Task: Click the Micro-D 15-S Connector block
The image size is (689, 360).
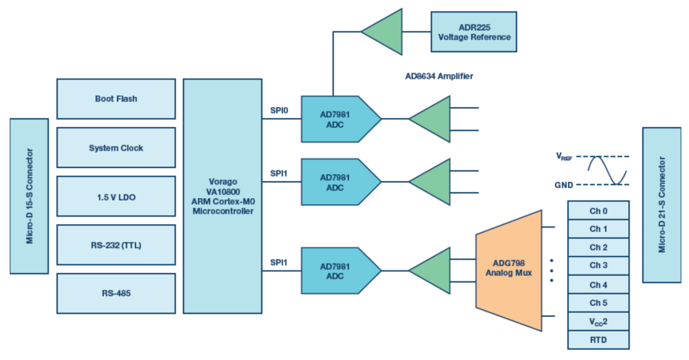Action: click(x=29, y=196)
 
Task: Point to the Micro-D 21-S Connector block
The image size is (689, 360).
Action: click(x=661, y=194)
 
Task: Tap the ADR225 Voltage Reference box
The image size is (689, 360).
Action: click(x=474, y=32)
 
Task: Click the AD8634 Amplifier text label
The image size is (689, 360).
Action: click(x=439, y=76)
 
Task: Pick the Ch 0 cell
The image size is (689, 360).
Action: click(x=598, y=210)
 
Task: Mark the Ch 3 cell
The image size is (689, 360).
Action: click(x=598, y=265)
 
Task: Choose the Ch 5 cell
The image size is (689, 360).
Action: click(x=598, y=302)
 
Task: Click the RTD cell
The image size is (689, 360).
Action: click(x=598, y=339)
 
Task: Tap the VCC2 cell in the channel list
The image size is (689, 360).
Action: click(x=598, y=321)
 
